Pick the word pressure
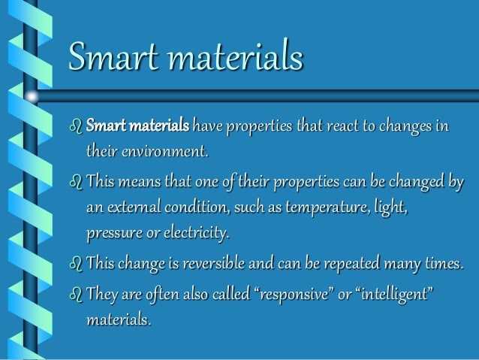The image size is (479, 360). tap(117, 234)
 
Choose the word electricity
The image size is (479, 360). tap(200, 234)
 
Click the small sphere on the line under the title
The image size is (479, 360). tap(33, 96)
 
